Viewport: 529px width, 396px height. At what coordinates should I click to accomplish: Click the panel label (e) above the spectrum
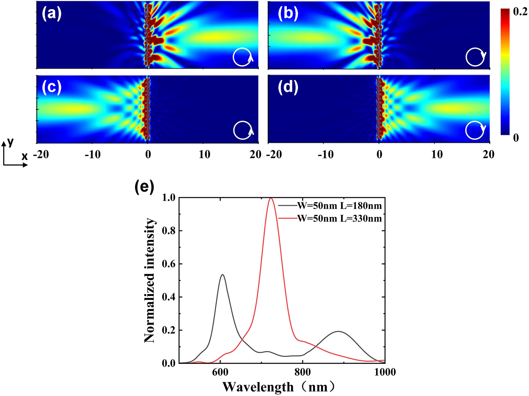pyautogui.click(x=144, y=186)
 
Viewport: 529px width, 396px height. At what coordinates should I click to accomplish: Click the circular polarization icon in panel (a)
pyautogui.click(x=243, y=57)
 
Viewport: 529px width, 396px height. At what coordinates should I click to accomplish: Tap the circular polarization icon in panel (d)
pyautogui.click(x=475, y=130)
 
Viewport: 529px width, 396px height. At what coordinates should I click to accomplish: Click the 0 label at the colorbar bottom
pyautogui.click(x=516, y=138)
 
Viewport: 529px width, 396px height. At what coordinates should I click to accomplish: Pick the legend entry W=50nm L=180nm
pyautogui.click(x=339, y=206)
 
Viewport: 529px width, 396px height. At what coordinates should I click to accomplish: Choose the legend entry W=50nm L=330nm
pyautogui.click(x=339, y=218)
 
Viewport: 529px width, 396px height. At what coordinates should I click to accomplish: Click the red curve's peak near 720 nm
pyautogui.click(x=271, y=198)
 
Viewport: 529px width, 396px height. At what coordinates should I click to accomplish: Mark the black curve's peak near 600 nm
pyautogui.click(x=222, y=275)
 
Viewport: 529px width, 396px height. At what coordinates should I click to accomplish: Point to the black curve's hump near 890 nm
pyautogui.click(x=338, y=331)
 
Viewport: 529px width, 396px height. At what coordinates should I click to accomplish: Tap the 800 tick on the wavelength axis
pyautogui.click(x=303, y=373)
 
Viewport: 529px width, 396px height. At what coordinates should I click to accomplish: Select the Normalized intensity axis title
pyautogui.click(x=150, y=280)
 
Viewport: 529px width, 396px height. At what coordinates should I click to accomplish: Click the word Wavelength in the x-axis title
pyautogui.click(x=258, y=387)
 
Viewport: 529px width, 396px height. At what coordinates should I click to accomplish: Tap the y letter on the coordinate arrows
pyautogui.click(x=10, y=142)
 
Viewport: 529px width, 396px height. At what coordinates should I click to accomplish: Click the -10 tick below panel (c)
pyautogui.click(x=92, y=154)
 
